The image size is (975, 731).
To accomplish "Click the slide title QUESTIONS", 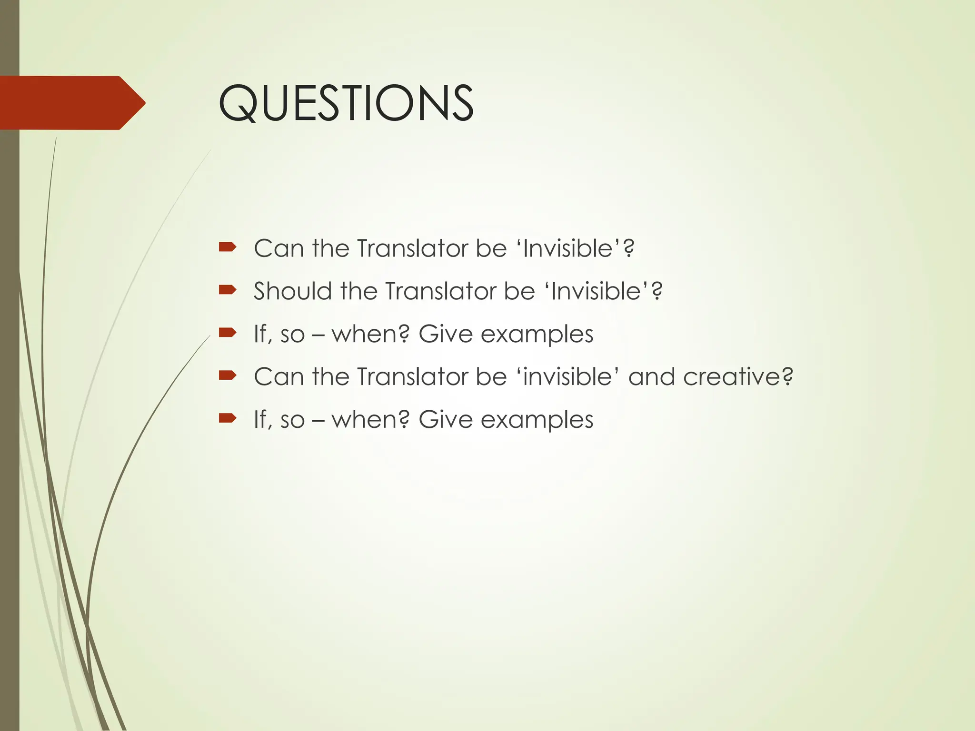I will tap(346, 103).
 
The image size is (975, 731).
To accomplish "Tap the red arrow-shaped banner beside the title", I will tap(71, 103).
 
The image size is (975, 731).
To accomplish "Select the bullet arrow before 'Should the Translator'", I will tap(228, 289).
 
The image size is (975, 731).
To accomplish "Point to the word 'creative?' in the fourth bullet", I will tap(738, 377).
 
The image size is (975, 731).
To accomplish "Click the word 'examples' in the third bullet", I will tap(537, 334).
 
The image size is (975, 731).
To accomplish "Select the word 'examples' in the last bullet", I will tap(537, 420).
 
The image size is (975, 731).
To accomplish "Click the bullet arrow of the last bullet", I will tap(228, 418).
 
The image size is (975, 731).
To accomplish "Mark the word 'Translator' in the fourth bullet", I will tap(412, 377).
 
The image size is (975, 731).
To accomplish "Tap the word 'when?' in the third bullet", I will tap(370, 334).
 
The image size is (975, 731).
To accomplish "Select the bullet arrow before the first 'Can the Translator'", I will tap(228, 247).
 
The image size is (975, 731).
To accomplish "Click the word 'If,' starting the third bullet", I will tap(263, 334).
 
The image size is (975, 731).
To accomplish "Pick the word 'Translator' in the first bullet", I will tap(412, 248).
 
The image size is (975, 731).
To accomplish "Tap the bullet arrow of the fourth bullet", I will tap(228, 375).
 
